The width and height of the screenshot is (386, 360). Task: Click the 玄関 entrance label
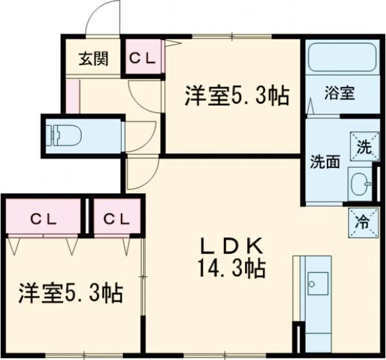click(94, 59)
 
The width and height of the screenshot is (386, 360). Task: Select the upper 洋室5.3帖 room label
click(235, 97)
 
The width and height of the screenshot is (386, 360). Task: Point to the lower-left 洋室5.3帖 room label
click(70, 294)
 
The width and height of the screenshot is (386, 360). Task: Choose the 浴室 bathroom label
click(340, 93)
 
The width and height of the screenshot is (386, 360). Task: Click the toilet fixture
click(64, 136)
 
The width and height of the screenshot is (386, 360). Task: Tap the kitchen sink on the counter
click(317, 282)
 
